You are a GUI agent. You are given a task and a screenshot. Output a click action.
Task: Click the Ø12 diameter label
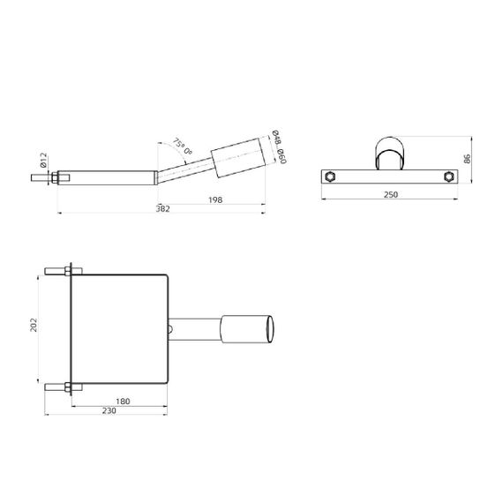[43, 161]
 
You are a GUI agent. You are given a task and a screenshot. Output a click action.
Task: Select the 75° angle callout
[181, 147]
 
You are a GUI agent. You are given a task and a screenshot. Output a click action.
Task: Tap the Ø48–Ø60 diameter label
[279, 149]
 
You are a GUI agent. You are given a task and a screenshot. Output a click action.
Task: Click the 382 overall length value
[162, 209]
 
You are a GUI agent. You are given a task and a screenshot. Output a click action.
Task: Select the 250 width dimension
[391, 194]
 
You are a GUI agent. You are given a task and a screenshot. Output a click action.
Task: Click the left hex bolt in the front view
[330, 176]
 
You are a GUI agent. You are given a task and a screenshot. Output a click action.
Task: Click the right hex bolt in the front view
[449, 176]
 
